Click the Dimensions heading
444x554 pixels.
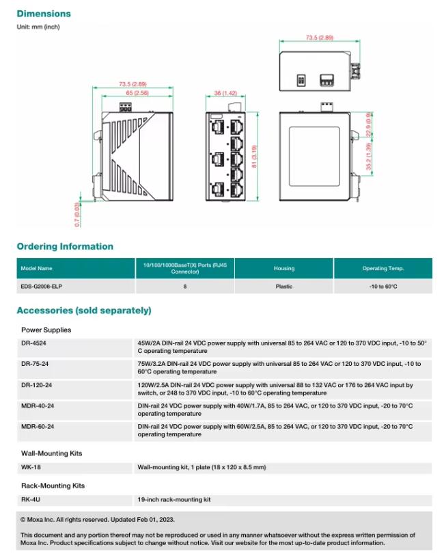pyautogui.click(x=44, y=14)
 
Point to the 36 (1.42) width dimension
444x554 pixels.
pyautogui.click(x=225, y=92)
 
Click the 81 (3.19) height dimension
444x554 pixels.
pyautogui.click(x=254, y=156)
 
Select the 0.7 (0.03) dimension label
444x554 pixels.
pyautogui.click(x=77, y=213)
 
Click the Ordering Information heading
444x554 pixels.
pyautogui.click(x=65, y=246)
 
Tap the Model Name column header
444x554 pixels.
pyautogui.click(x=36, y=268)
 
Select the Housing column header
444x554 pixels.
pyautogui.click(x=284, y=268)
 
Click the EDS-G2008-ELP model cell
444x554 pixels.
pyautogui.click(x=42, y=287)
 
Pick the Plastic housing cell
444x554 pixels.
pyautogui.click(x=284, y=287)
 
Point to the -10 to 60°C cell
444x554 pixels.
pyautogui.click(x=383, y=287)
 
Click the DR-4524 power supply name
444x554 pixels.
pyautogui.click(x=33, y=343)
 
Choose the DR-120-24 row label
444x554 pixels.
pyautogui.click(x=36, y=385)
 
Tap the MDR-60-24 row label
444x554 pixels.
pyautogui.click(x=38, y=426)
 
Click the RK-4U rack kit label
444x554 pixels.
pyautogui.click(x=30, y=500)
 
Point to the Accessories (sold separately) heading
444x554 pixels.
pyautogui.click(x=84, y=311)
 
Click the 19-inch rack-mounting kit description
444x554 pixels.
pyautogui.click(x=174, y=500)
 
